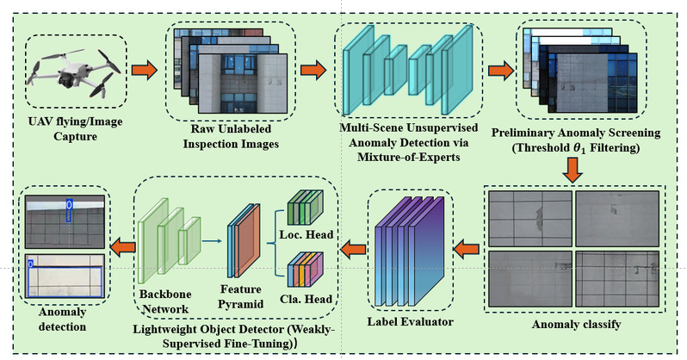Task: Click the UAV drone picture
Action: pos(67,69)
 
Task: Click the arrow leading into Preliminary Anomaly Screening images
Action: pos(498,68)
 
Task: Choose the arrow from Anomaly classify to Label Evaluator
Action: pos(465,250)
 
